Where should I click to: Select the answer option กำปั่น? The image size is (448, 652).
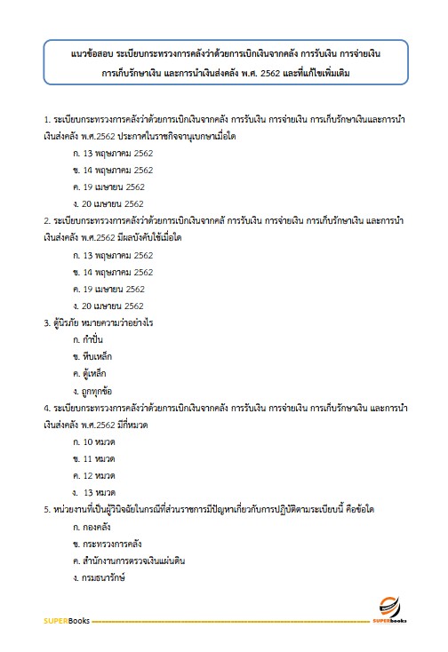click(91, 339)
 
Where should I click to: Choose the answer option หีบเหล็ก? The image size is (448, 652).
click(92, 356)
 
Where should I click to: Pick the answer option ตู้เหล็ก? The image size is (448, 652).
click(92, 373)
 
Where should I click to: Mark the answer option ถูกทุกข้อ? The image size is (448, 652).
click(95, 390)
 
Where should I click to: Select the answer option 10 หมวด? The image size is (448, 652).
click(95, 441)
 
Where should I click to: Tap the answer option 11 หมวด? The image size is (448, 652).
click(95, 458)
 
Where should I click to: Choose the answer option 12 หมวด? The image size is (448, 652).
click(95, 475)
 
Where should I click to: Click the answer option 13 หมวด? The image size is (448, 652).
click(97, 492)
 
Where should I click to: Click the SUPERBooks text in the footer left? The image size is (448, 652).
click(65, 619)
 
